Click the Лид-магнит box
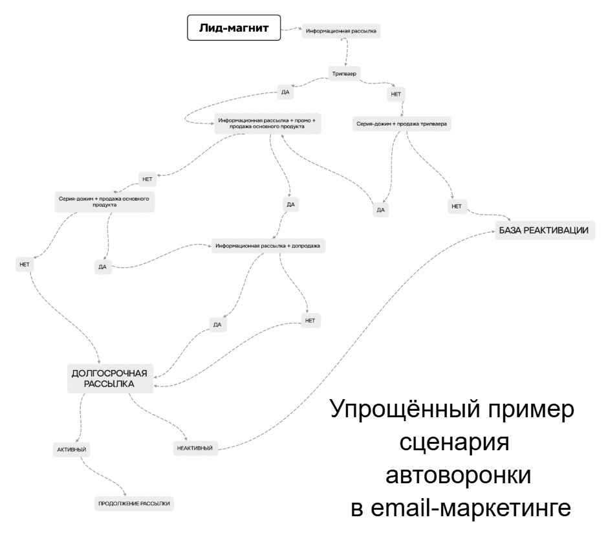233,28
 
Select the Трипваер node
344,74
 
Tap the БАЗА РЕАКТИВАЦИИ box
545,230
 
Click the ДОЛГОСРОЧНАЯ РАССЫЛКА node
110,378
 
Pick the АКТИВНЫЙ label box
72,450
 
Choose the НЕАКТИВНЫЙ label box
195,448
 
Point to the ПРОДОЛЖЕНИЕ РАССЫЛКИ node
134,504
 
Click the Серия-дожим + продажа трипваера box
402,124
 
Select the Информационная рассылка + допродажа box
268,246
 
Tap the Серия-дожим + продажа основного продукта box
104,202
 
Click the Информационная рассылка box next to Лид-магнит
342,31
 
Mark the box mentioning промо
268,124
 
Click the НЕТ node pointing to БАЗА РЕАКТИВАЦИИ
457,206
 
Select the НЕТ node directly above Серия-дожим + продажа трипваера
396,94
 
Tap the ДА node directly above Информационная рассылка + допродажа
291,204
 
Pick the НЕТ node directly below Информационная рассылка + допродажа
310,321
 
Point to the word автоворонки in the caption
458,475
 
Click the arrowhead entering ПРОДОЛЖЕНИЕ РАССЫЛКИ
125,494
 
